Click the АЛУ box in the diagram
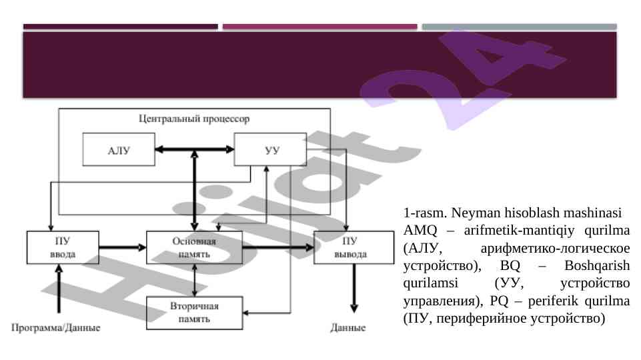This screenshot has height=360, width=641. point(119,149)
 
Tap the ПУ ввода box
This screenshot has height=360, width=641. point(63,247)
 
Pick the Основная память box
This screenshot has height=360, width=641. point(194,247)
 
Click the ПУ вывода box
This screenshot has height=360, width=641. point(354,247)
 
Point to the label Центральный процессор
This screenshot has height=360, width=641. point(194,120)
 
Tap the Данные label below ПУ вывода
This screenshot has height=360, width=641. point(348,328)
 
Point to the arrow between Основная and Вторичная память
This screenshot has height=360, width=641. point(194,281)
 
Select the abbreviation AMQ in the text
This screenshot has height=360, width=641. point(418,232)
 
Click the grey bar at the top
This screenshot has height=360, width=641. point(519,27)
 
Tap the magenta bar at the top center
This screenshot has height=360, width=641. point(319,27)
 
